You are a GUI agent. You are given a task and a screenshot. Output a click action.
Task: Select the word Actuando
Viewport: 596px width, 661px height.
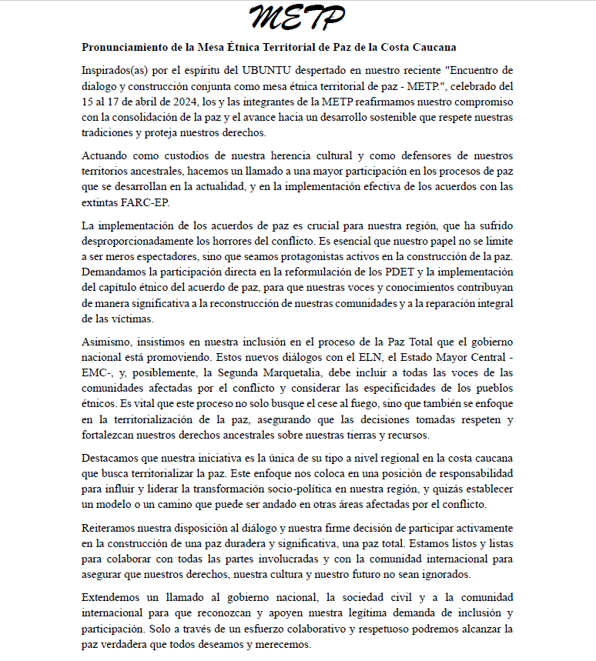point(106,155)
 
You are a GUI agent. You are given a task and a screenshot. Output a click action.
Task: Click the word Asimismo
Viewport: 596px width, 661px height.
point(108,341)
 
